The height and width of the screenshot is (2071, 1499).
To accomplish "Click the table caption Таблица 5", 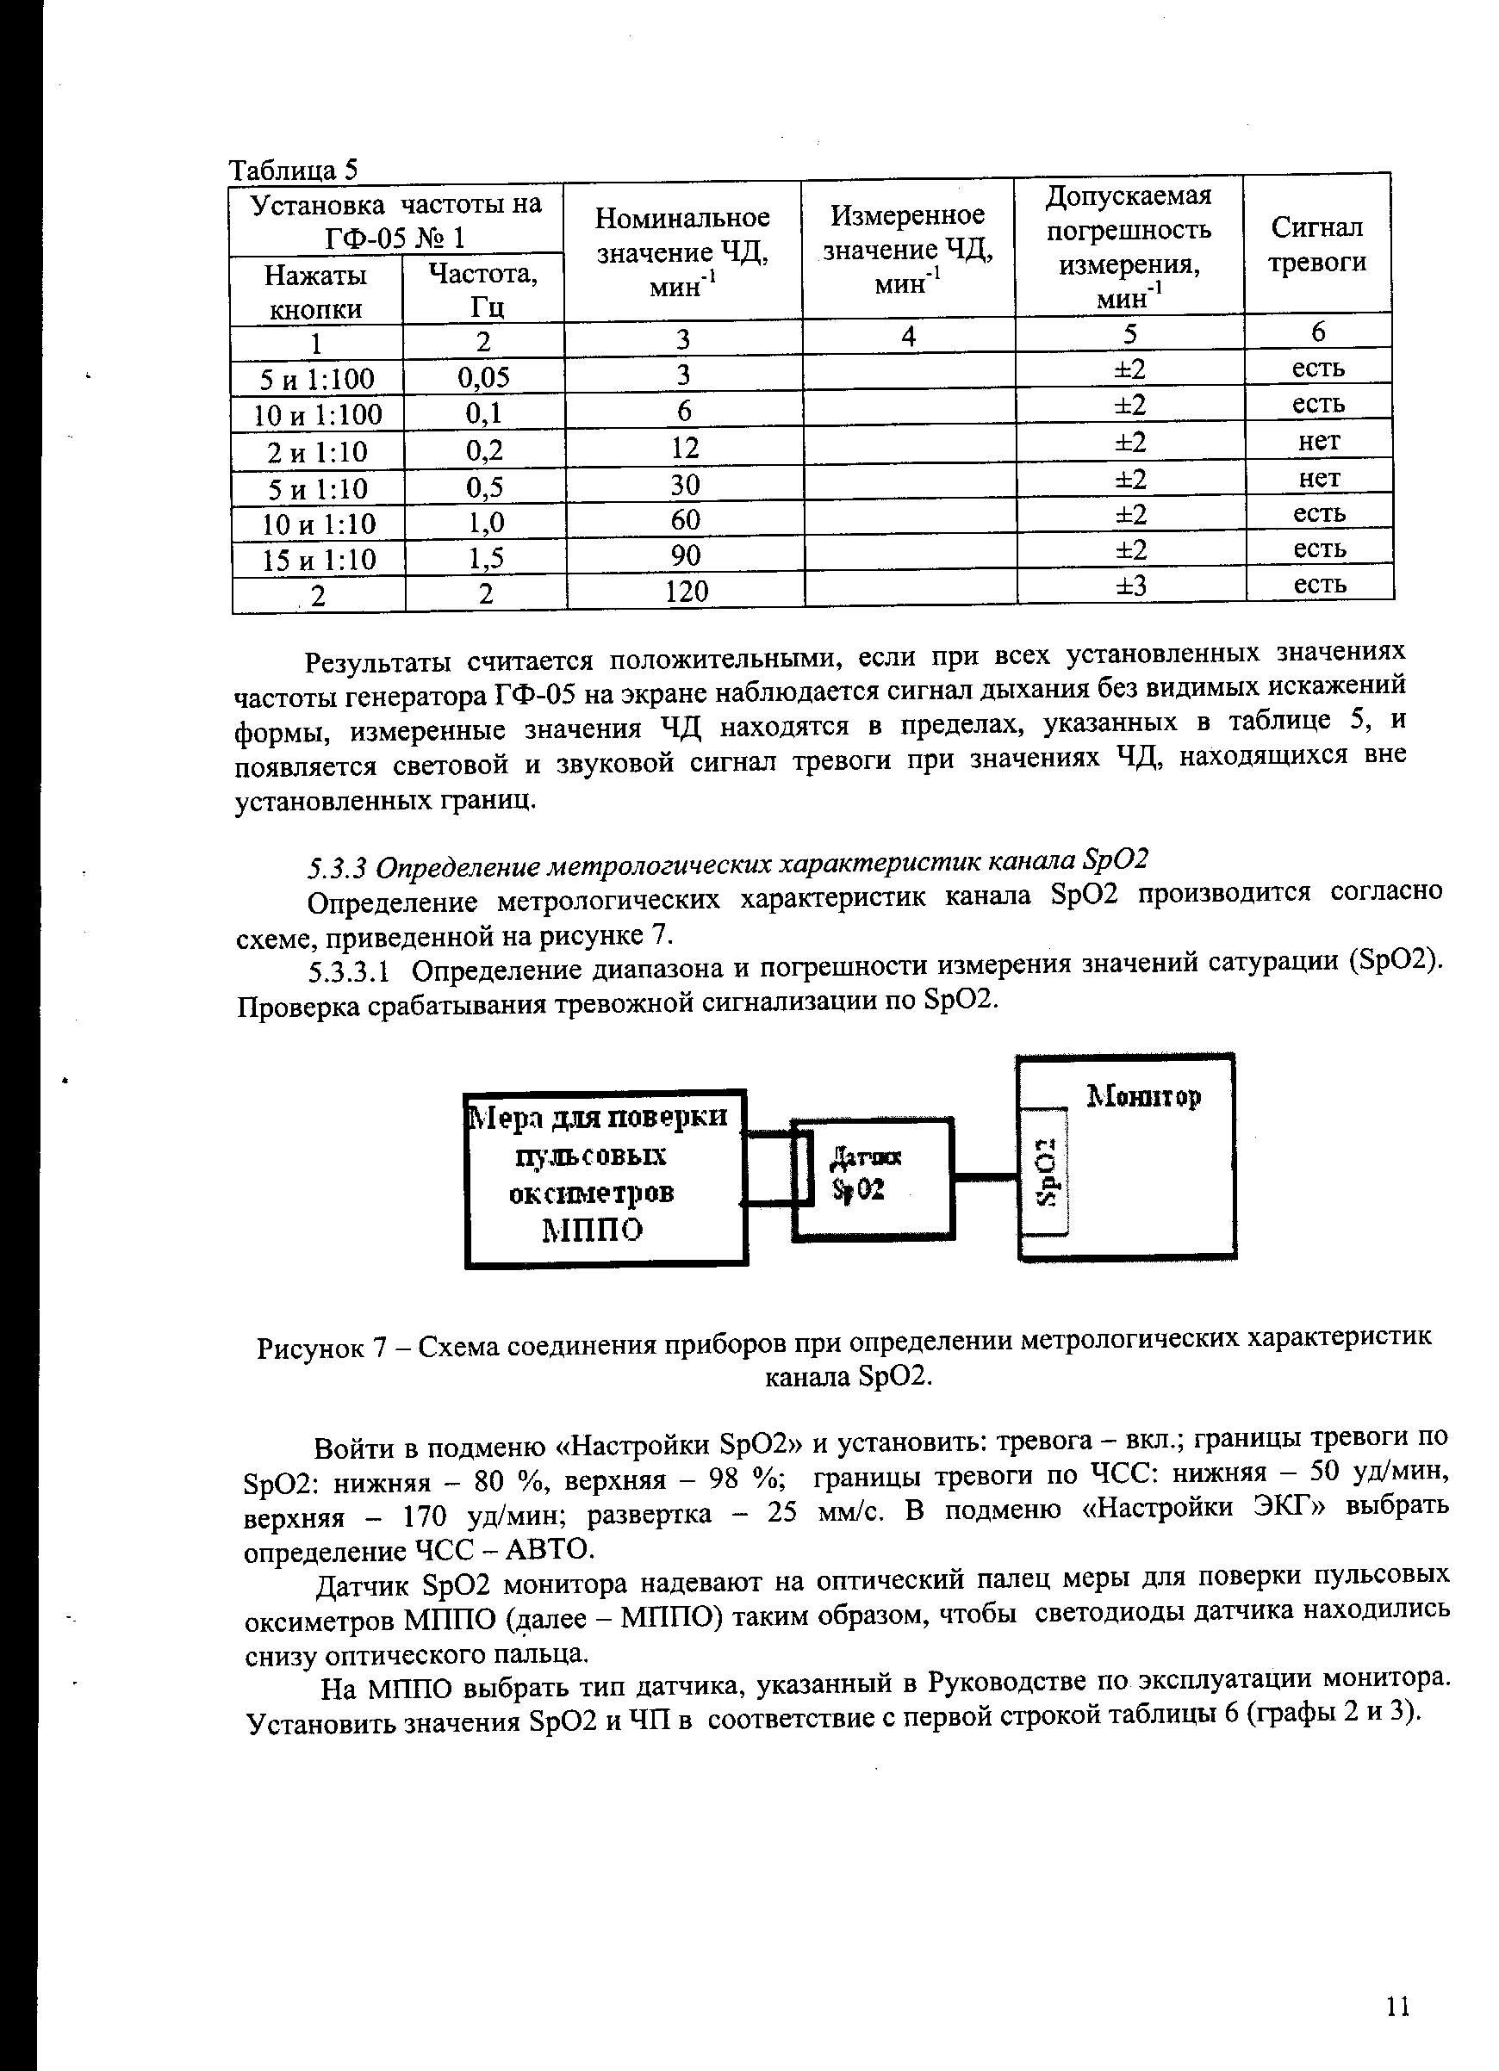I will [293, 170].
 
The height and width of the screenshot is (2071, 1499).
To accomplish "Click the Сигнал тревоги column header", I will [1317, 244].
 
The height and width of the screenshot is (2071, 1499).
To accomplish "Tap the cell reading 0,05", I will [483, 377].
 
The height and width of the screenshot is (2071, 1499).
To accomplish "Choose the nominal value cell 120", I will [686, 592].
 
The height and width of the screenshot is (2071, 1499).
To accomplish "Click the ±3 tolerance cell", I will [1131, 586].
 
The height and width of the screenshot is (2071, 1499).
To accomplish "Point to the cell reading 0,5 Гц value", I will [485, 487].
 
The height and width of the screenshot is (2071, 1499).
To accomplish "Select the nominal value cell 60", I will [685, 519].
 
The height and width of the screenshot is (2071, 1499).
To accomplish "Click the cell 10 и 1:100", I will [318, 415].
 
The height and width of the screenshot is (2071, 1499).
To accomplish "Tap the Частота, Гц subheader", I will [483, 289].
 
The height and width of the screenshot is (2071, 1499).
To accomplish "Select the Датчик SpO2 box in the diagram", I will [873, 1178].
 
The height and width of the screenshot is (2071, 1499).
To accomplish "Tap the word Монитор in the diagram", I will [1142, 1094].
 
